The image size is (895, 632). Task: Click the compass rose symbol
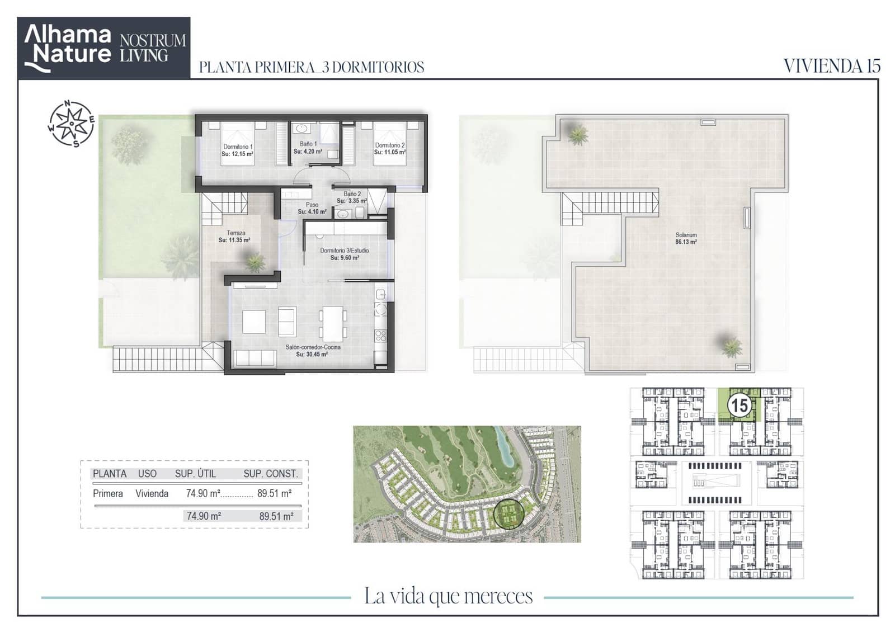(x=72, y=124)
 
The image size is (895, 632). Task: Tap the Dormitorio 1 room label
(x=238, y=147)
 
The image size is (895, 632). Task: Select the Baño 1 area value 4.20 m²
(x=308, y=152)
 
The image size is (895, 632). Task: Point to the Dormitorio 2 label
(x=389, y=145)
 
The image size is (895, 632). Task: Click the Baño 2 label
(x=352, y=194)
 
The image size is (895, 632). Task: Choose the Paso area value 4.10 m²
(x=312, y=212)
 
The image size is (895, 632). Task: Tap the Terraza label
(x=235, y=233)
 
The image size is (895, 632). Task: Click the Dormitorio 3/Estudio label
(x=345, y=251)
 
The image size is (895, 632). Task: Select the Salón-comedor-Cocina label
(x=313, y=347)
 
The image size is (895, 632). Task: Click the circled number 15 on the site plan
(x=739, y=406)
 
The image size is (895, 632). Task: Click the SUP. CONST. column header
(x=271, y=474)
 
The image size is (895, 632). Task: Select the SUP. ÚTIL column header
(x=195, y=474)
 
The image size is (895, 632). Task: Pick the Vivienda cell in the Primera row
(x=152, y=494)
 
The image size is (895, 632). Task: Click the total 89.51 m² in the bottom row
(x=276, y=516)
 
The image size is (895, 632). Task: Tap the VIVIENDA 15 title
(x=832, y=67)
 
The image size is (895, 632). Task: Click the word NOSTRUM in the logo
(x=153, y=40)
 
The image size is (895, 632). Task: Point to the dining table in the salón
(x=333, y=324)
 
